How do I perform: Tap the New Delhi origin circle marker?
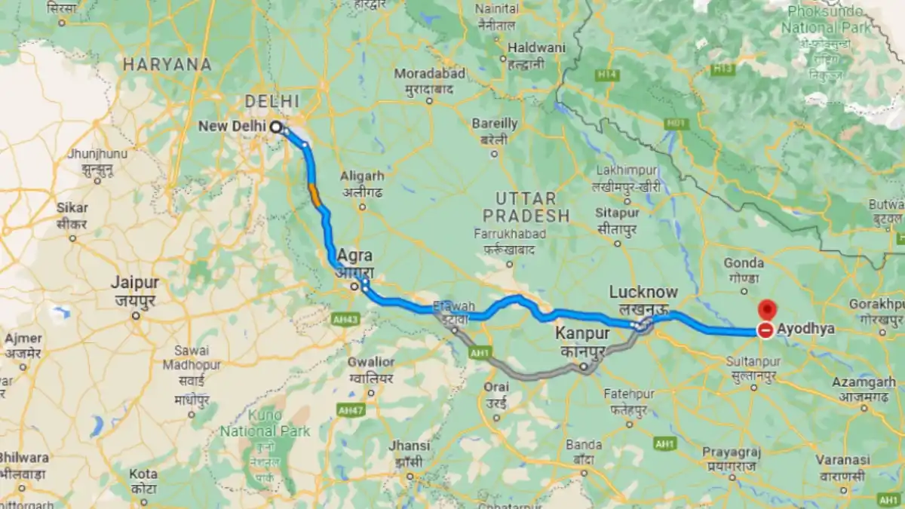coord(276,127)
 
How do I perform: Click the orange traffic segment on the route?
coord(314,195)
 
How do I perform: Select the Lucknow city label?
coord(643,293)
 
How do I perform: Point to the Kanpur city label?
coord(582,333)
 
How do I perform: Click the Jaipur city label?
coord(135,284)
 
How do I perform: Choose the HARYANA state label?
coord(167,65)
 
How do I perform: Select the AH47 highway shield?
coord(349,410)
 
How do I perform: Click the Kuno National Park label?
coord(265,432)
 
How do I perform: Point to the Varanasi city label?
coord(845,460)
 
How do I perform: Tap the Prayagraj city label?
coord(731,452)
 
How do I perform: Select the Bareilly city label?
coord(494,124)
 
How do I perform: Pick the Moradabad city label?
coord(430,74)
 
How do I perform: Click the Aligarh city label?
coord(362,176)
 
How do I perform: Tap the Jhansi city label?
coord(410,446)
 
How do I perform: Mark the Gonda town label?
coord(743,263)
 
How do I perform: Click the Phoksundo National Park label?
coord(826,20)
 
